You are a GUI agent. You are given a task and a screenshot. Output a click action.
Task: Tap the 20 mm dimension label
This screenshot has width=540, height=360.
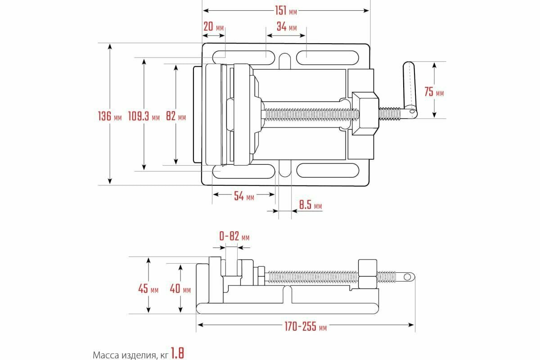click(x=213, y=27)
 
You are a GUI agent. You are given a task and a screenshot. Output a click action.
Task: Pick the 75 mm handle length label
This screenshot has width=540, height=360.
click(x=434, y=92)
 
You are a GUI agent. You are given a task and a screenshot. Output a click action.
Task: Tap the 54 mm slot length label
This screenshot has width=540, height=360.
click(x=243, y=196)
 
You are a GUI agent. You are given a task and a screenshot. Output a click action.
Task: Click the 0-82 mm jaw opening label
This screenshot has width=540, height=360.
click(x=234, y=237)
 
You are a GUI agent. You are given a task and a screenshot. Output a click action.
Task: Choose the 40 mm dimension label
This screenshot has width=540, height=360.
click(x=180, y=289)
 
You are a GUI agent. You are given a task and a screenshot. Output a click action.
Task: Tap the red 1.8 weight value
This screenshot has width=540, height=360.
click(x=178, y=353)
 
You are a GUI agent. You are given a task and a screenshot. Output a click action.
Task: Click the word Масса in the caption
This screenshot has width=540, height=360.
click(x=105, y=355)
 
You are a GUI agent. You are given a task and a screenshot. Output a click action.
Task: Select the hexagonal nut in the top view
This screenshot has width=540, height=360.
click(x=365, y=114)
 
